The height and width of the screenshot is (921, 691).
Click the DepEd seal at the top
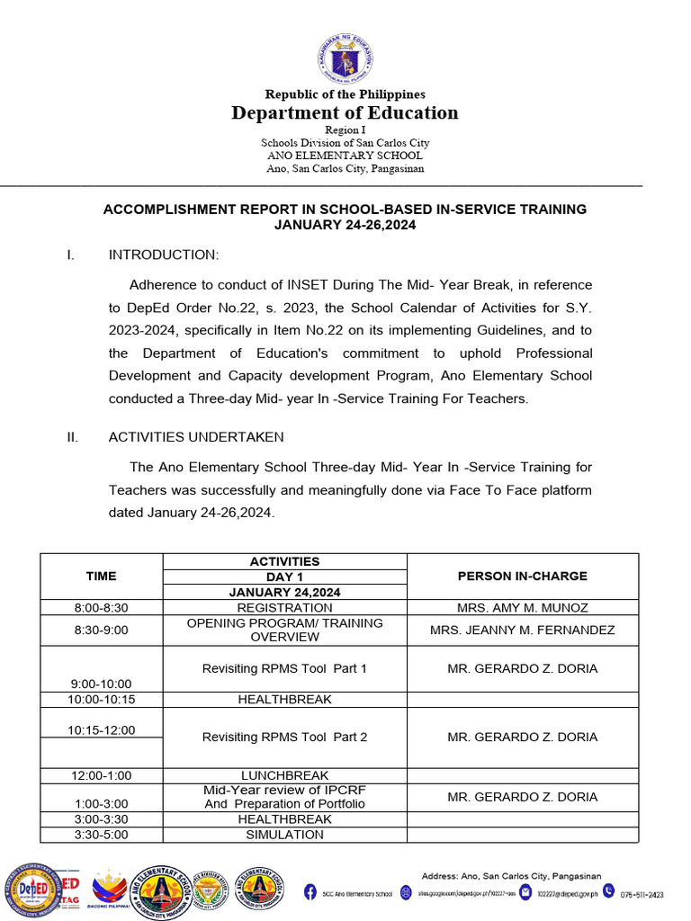click(x=345, y=58)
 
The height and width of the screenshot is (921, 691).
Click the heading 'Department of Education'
click(x=345, y=112)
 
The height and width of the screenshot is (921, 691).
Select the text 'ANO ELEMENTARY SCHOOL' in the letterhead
click(x=345, y=156)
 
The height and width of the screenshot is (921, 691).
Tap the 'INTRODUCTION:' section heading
click(x=163, y=255)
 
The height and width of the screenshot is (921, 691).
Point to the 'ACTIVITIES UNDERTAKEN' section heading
click(x=196, y=437)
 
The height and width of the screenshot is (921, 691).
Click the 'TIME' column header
click(x=101, y=576)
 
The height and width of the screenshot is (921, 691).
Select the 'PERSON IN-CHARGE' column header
click(x=522, y=576)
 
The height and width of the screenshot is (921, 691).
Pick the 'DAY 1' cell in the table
click(x=284, y=577)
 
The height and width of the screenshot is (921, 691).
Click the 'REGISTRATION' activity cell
click(x=284, y=608)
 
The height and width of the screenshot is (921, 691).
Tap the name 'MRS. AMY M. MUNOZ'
click(x=522, y=608)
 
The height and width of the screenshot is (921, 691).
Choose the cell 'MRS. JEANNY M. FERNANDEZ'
click(x=522, y=630)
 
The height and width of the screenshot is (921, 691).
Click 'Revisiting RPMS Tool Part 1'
click(x=284, y=668)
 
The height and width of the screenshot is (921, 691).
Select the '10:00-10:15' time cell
click(x=101, y=699)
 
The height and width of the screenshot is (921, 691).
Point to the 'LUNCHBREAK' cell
click(x=284, y=775)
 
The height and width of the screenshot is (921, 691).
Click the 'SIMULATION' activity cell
click(x=284, y=835)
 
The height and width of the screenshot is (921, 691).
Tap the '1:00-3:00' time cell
click(x=101, y=803)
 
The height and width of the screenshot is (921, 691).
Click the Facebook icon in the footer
click(x=310, y=893)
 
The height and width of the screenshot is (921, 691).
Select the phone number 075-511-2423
click(x=642, y=894)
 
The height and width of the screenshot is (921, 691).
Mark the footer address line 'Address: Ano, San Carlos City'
click(x=511, y=876)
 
